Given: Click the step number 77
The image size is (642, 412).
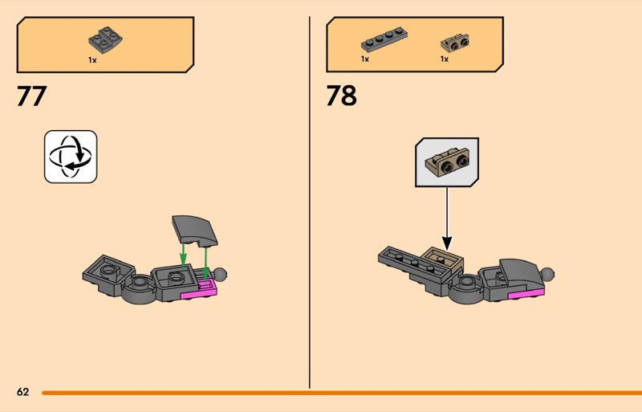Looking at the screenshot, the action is pos(31,96).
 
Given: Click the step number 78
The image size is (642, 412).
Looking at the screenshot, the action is pos(342,96).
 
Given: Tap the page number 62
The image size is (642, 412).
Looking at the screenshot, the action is pos(23,392).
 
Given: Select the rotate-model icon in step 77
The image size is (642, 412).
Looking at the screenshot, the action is pos(71,157).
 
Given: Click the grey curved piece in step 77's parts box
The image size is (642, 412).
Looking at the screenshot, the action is pos(105,40).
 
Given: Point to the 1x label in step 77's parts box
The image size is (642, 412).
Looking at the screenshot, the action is pos(92,60).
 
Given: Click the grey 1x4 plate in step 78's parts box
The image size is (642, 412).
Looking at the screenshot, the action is pos(384,39).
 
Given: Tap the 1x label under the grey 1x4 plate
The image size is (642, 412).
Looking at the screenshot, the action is pos(365,59).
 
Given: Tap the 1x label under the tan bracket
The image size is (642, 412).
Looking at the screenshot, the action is pos(445,59).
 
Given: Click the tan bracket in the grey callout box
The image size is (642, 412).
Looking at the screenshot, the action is pos(448,162).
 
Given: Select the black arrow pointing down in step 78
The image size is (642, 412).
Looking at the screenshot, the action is pos(447,218).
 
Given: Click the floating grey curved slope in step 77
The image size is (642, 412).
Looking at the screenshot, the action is pos(195,230).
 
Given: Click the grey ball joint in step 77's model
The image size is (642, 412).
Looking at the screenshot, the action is pos(219,274).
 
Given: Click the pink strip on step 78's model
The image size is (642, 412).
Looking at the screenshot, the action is pos(526,292).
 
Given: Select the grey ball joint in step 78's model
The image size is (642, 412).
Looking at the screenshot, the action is pos(547,273).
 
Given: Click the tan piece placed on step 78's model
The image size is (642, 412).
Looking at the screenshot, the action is pos(443,260).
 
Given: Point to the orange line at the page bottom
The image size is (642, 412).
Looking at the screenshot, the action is pos(342,393).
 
